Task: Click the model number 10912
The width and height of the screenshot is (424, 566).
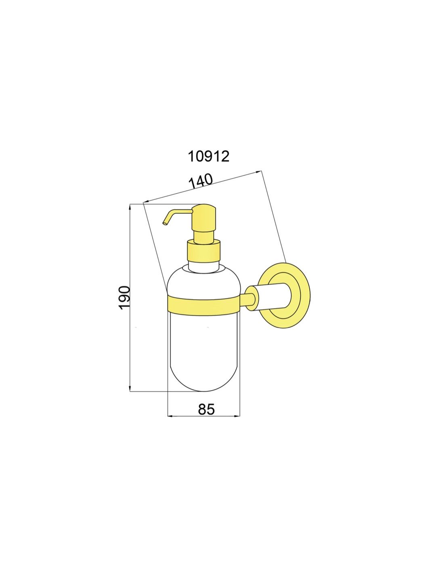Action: coord(208,156)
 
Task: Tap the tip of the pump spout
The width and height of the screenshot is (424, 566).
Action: coord(164,223)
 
